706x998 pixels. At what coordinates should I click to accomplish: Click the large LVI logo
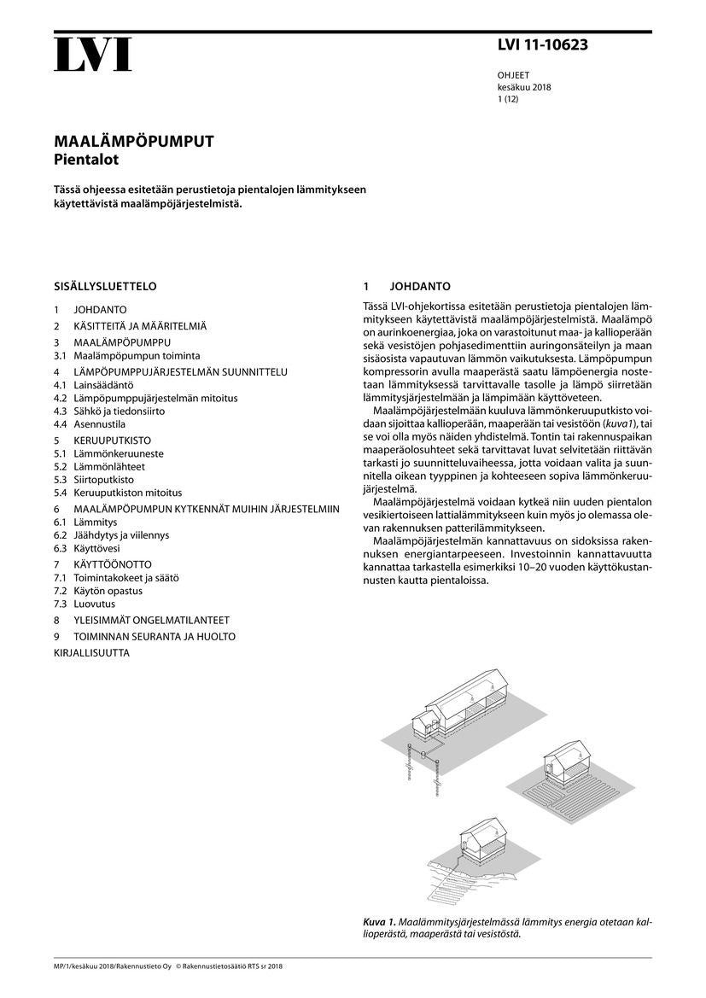(93, 55)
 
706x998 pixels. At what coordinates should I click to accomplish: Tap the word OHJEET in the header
(514, 75)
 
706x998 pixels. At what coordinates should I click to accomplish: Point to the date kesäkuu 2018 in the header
(523, 87)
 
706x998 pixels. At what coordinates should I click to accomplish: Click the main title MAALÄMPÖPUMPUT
(134, 142)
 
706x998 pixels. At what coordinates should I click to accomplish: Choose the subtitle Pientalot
(85, 159)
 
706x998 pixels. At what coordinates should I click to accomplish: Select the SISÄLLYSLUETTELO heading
(105, 287)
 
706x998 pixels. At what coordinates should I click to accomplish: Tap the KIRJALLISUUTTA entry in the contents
(91, 653)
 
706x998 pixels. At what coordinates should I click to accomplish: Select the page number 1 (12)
(508, 99)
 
